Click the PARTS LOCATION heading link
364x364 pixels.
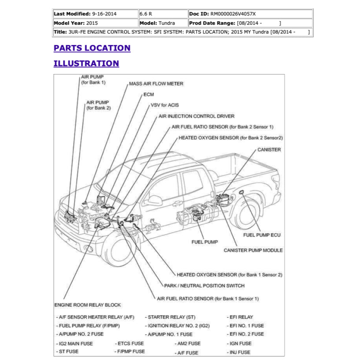pos(92,48)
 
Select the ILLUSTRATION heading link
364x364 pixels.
pos(86,63)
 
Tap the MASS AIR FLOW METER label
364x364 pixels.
pos(156,84)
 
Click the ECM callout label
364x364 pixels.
pos(149,95)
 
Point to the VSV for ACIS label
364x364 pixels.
pos(165,105)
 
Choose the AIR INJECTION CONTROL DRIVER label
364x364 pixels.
pos(196,116)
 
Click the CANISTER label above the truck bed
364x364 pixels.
pos(269,150)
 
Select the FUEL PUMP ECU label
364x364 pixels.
pos(262,235)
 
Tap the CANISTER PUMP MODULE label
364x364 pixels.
pos(253,250)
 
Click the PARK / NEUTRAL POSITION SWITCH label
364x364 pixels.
pos(204,286)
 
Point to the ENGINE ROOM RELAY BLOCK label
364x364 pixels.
pos(87,305)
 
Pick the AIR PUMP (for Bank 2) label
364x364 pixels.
pos(98,105)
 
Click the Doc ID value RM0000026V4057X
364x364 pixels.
pos(233,14)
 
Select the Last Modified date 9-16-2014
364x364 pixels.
pos(105,14)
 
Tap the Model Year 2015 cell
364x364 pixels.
pos(92,23)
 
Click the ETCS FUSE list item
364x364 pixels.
pos(130,343)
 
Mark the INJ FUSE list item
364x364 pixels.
pos(240,352)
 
